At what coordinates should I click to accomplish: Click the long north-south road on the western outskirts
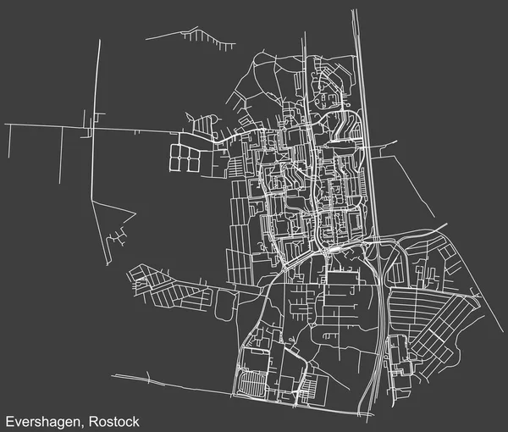(x=96, y=102)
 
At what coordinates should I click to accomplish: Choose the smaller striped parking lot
(x=312, y=387)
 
